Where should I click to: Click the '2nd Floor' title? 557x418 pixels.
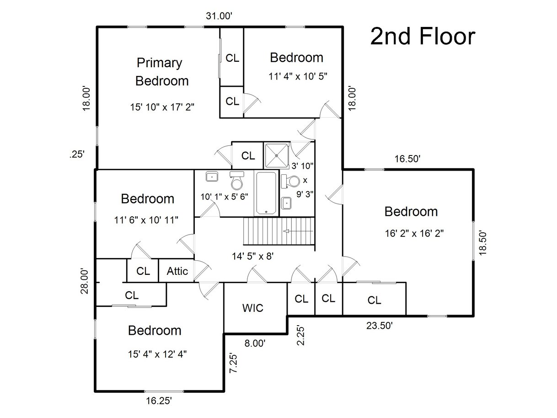coord(423,37)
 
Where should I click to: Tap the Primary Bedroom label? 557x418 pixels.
coord(161,72)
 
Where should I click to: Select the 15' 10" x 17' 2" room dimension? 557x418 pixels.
coord(162,107)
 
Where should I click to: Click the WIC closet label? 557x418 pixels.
coord(253,308)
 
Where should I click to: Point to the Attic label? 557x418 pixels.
coord(177,271)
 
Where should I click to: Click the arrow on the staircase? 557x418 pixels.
coord(298,231)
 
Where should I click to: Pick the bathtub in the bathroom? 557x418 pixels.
coord(266,193)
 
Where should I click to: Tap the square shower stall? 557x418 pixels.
coord(276,155)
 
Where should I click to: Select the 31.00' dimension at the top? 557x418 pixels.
coord(219,16)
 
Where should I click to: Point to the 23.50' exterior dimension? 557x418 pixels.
coord(380,326)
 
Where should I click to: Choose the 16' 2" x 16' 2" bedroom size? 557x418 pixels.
coord(414,233)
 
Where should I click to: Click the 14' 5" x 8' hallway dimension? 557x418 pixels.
coord(253,256)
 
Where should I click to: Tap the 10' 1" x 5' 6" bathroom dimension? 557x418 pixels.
coord(225,197)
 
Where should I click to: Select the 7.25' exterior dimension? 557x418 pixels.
coord(233,363)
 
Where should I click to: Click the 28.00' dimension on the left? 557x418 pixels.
coord(84,281)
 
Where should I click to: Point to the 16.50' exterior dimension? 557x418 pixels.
coord(407,159)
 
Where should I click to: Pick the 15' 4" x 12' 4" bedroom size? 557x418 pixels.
coord(157,354)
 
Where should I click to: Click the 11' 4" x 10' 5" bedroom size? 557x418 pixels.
coord(298,76)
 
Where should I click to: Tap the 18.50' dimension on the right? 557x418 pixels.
coord(482,243)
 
